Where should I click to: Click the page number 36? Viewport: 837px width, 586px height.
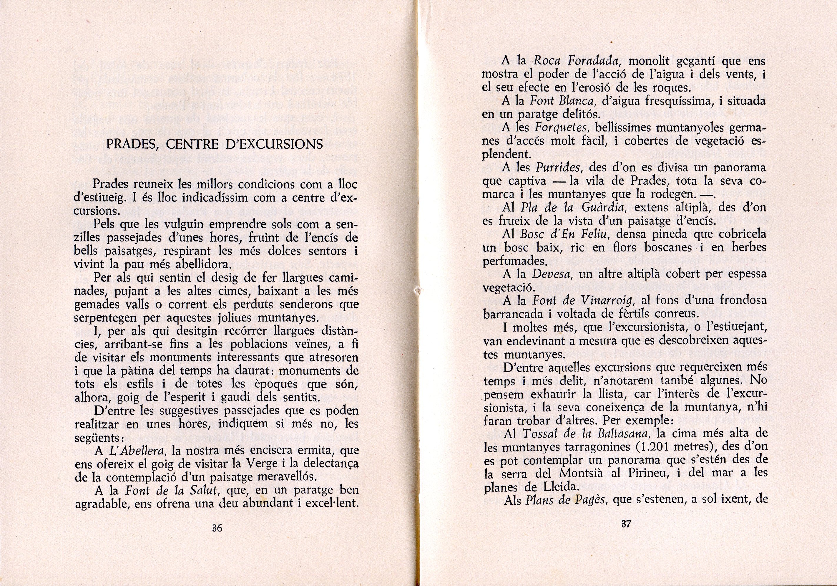[x=217, y=528]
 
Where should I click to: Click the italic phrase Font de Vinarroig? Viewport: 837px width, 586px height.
[x=573, y=301]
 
